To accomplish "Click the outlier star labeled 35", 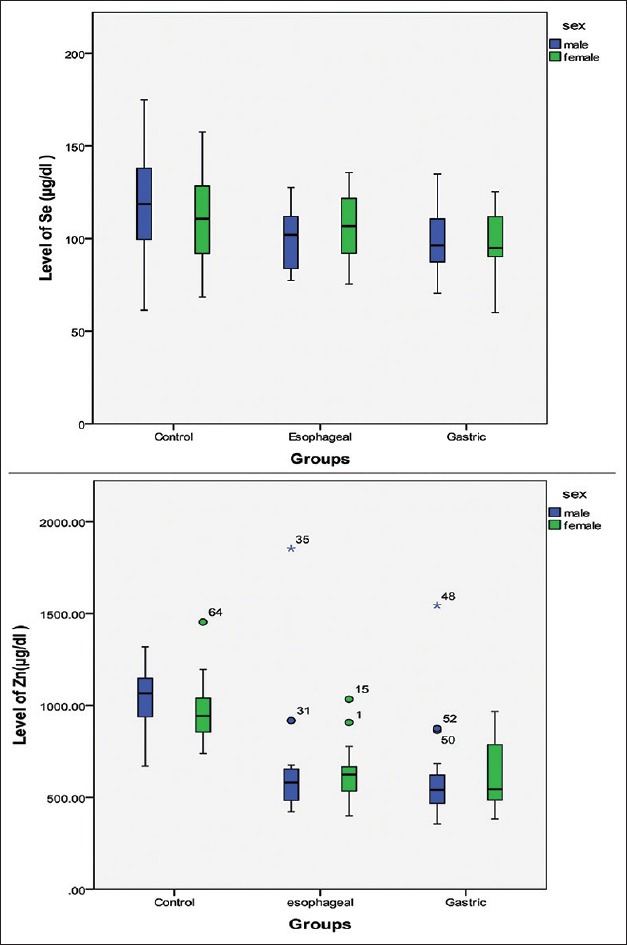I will (291, 548).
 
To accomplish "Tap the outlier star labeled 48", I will (437, 605).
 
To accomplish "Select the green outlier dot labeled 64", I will (203, 621).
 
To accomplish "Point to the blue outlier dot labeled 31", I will (291, 720).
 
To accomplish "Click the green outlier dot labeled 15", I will (349, 699).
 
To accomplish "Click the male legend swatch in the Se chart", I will (555, 44).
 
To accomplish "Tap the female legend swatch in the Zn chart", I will (555, 525).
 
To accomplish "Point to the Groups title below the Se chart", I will (320, 459).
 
